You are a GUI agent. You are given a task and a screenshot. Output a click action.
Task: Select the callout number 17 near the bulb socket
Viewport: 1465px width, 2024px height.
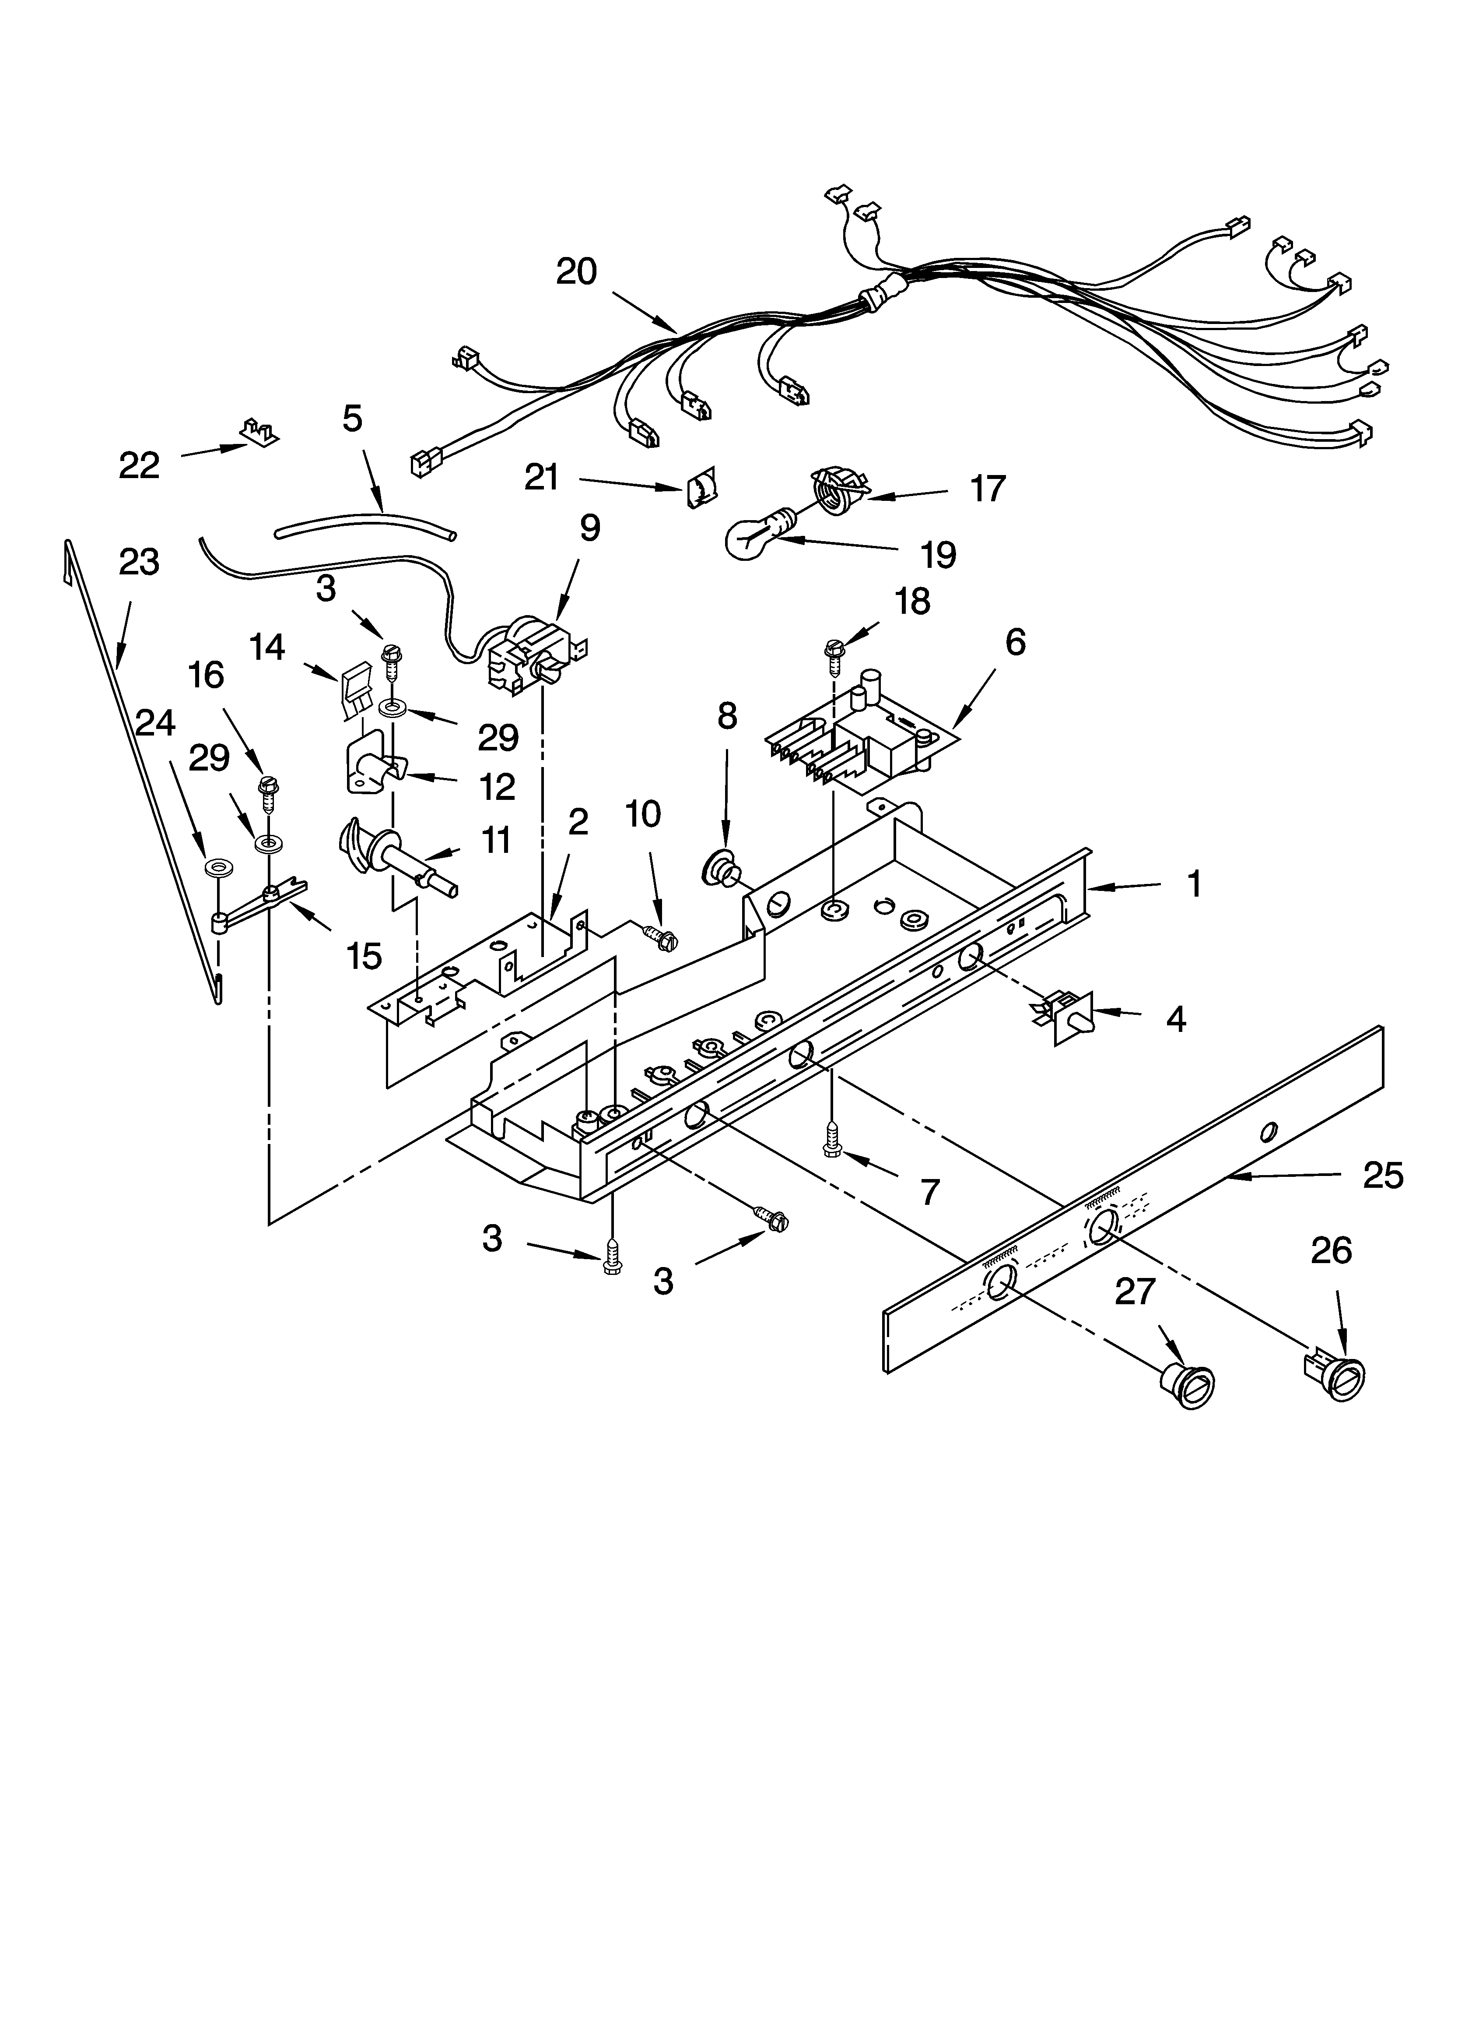click(x=988, y=489)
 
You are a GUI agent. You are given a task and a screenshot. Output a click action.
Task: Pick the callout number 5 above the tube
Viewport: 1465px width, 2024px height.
click(x=352, y=418)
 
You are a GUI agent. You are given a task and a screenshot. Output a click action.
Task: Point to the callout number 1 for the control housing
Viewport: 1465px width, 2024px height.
click(x=1194, y=884)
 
